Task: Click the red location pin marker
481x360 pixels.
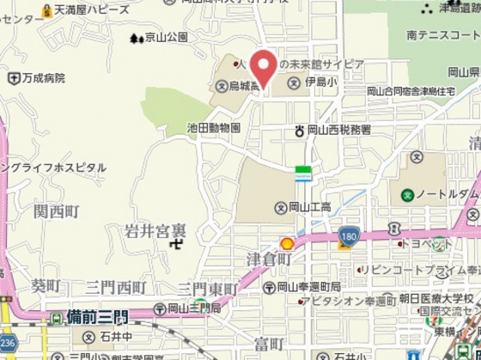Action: pos(262,67)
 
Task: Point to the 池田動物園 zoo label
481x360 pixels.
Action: pos(213,127)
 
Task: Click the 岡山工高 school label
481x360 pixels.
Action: pos(309,207)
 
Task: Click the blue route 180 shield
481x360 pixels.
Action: pos(348,234)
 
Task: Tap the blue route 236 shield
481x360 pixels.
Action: pos(6,341)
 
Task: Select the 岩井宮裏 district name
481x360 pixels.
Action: pos(155,230)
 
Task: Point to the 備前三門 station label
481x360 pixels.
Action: pos(97,317)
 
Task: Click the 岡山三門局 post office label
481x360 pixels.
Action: pos(195,308)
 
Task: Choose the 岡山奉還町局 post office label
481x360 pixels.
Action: pos(308,286)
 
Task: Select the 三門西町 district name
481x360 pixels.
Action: pos(116,286)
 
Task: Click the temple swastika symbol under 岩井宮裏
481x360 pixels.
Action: pos(175,244)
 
